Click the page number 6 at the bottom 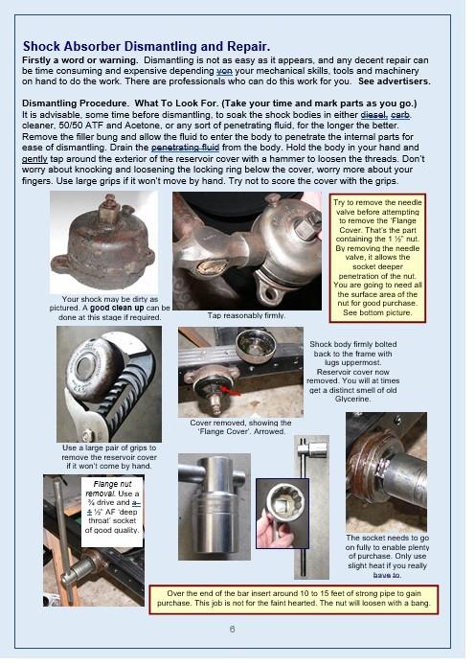[232, 629]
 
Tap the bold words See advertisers [394, 81]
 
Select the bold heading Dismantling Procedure [75, 103]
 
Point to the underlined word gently [34, 159]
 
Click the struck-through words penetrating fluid [185, 148]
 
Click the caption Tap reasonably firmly [246, 315]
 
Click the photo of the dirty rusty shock [103, 242]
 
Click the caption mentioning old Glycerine [351, 372]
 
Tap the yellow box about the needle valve [377, 258]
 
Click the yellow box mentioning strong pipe [293, 599]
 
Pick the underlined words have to [387, 575]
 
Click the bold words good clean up [117, 308]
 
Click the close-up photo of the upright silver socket [215, 507]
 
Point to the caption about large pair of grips [109, 457]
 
